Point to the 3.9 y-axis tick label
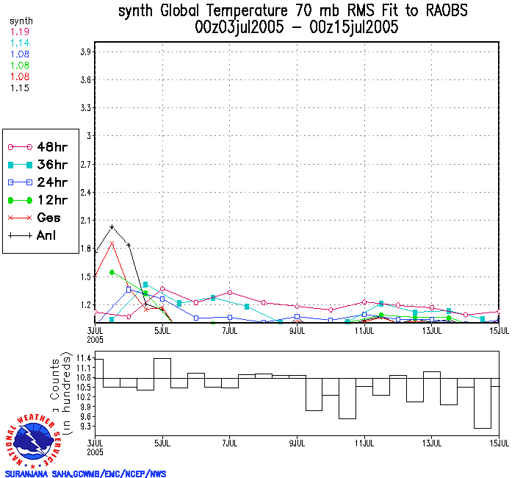[x=85, y=51]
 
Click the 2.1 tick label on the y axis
[x=85, y=220]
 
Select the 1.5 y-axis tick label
[x=85, y=277]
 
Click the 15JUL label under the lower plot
[x=499, y=443]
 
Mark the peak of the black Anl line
[x=112, y=226]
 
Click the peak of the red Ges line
[x=112, y=242]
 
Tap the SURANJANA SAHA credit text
[x=84, y=474]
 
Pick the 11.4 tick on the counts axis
[x=82, y=357]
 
